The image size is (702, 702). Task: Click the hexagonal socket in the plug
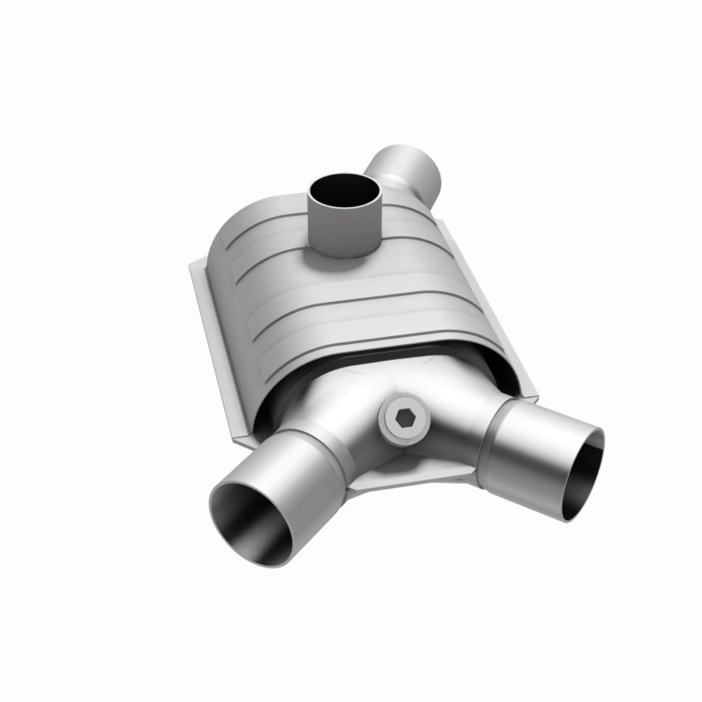[x=406, y=419]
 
